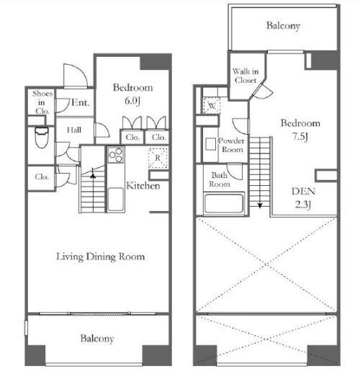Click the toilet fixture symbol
coord(42,138)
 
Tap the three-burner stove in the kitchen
coord(116,155)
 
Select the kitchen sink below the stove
coord(116,199)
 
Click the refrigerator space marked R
coord(158,158)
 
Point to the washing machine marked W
coord(212,105)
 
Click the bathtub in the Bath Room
coord(224,203)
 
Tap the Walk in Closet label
coord(246,76)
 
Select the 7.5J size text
coord(300,137)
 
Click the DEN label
coord(303,192)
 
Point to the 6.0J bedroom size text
coord(132,101)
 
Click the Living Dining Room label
coord(101,256)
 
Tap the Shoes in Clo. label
coord(42,102)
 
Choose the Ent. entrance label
coord(81,103)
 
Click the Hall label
coord(74,130)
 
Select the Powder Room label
coord(232,145)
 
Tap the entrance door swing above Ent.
coord(76,75)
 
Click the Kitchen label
coord(143,186)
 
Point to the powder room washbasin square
coord(210,144)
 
